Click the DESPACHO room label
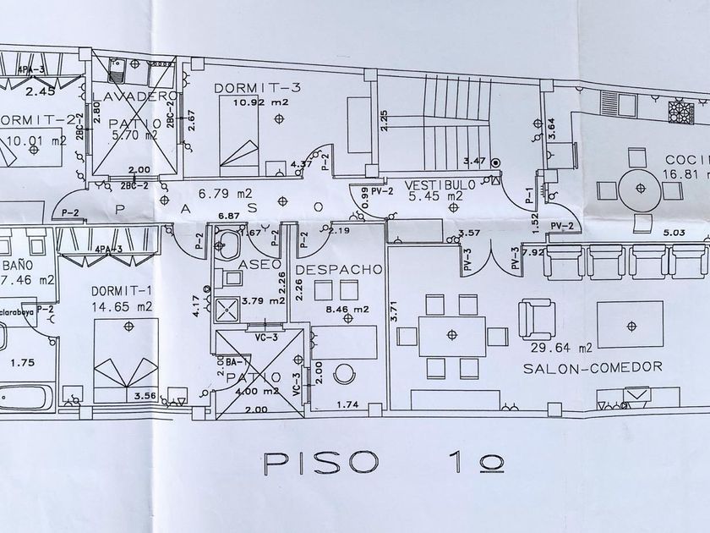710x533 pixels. pos(339,269)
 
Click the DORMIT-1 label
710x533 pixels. pos(123,291)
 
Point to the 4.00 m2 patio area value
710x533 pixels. pos(258,391)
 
